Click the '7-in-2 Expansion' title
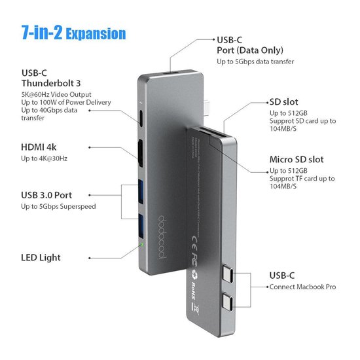point(73,33)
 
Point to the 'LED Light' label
point(40,257)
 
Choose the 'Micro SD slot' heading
point(297,159)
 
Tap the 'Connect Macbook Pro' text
point(304,287)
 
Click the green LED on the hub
point(143,246)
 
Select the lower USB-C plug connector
point(234,302)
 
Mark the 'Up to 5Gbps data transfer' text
point(255,62)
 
